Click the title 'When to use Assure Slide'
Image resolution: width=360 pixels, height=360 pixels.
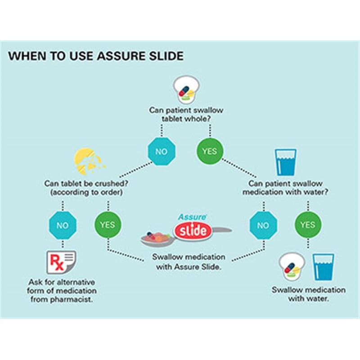[96, 56]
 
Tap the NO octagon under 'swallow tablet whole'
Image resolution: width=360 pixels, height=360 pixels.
[162, 151]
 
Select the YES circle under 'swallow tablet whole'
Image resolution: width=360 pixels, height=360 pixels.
[210, 151]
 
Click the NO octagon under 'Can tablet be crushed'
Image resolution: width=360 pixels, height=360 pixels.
[63, 225]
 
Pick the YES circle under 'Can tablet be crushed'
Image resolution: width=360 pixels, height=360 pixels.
[108, 225]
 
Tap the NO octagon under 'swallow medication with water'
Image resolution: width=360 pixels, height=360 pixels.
[263, 225]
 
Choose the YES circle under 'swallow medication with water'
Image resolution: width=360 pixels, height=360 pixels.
[308, 225]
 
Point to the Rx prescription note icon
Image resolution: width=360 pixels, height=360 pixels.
[61, 262]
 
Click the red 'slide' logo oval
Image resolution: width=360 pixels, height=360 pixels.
[193, 231]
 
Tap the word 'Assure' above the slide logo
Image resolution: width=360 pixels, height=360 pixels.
[193, 217]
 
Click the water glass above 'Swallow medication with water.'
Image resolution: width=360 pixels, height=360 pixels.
[323, 267]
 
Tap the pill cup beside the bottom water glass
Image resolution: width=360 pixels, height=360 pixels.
[292, 266]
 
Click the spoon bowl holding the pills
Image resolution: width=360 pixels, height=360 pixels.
[157, 239]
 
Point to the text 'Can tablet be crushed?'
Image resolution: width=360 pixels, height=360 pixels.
[86, 184]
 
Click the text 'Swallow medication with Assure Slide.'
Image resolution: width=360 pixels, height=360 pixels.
[189, 262]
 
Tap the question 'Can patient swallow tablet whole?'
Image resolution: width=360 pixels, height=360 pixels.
[186, 114]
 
